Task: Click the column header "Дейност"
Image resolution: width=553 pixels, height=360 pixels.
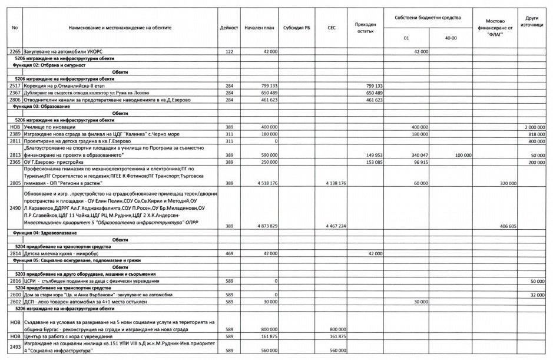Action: point(229,28)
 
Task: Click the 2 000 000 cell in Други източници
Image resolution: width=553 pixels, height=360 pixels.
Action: point(532,127)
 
